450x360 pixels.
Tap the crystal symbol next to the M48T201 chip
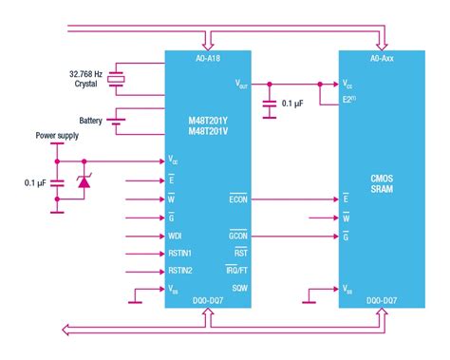(117, 79)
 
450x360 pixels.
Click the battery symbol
(117, 121)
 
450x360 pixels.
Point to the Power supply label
(56, 136)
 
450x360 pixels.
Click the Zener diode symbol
(84, 180)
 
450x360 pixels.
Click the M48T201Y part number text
(206, 120)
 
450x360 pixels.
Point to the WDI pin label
(177, 235)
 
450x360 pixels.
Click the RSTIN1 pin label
(181, 253)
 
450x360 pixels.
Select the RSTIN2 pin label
(181, 271)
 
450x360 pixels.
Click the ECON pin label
(237, 199)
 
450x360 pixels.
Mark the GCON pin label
(237, 235)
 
